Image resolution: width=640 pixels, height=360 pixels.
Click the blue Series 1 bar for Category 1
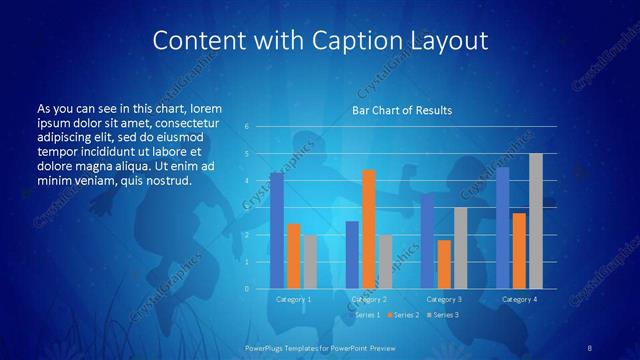(277, 231)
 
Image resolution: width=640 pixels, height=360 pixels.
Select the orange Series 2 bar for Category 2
(369, 229)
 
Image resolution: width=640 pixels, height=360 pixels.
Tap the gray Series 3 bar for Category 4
(536, 221)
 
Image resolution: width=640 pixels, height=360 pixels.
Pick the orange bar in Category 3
(444, 264)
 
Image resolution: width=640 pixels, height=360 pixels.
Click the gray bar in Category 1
(311, 262)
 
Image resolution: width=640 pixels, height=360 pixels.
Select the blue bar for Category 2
(352, 255)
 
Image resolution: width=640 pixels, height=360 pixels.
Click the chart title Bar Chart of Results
(402, 110)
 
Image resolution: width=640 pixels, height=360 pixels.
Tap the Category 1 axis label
(294, 299)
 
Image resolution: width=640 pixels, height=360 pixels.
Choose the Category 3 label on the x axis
(444, 299)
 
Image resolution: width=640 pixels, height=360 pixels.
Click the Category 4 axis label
(519, 299)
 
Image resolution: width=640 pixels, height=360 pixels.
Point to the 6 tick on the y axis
(247, 127)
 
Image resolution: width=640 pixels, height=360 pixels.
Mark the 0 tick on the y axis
(247, 289)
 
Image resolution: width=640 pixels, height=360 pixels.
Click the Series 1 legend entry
(365, 315)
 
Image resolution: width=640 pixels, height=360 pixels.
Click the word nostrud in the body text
(167, 180)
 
